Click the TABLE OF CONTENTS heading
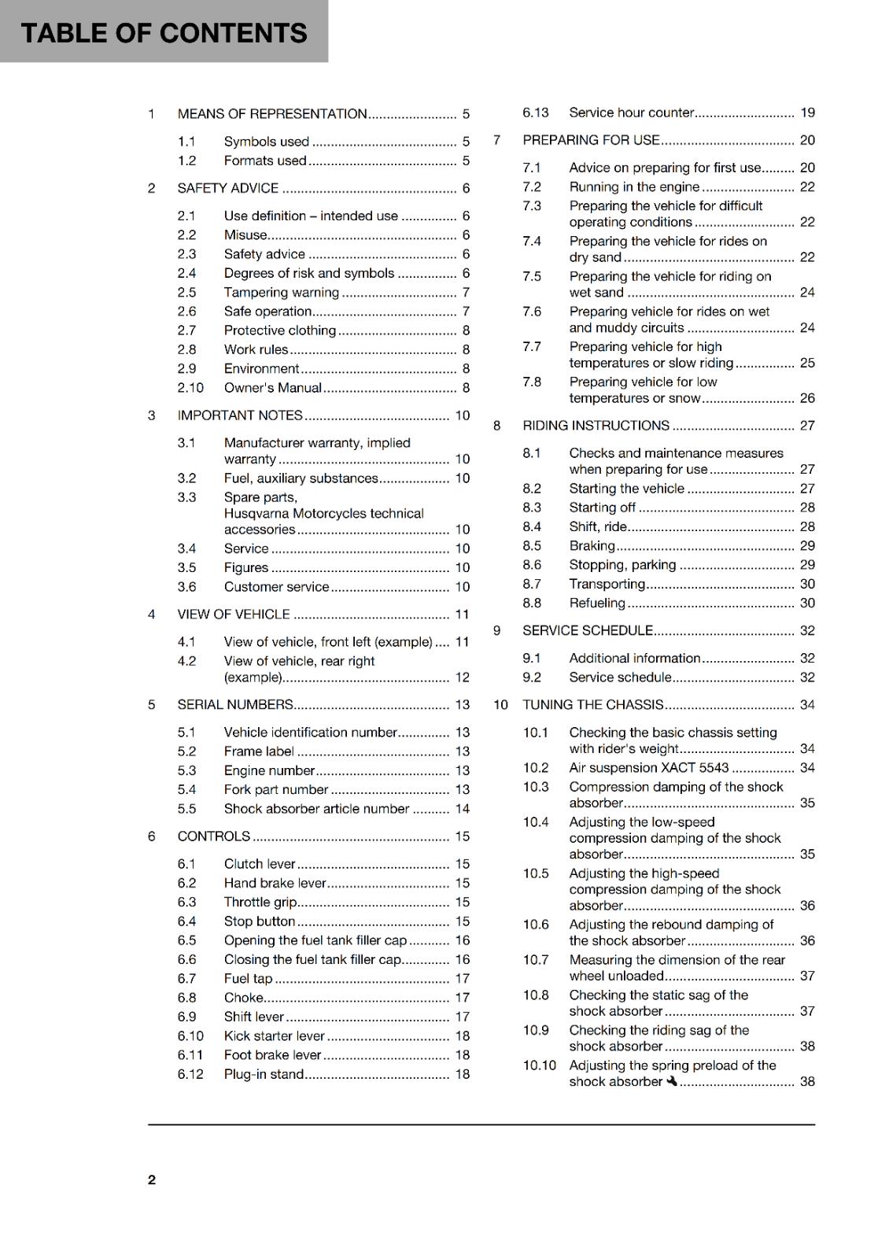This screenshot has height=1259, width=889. (164, 33)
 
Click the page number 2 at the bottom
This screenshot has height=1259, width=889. (152, 1180)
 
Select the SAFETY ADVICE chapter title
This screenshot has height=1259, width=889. (227, 188)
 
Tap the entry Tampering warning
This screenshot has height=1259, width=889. (281, 293)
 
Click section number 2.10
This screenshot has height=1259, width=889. (190, 388)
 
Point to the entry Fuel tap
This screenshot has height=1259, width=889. (248, 979)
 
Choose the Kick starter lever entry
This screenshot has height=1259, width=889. (274, 1036)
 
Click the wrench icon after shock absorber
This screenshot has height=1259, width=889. (671, 1081)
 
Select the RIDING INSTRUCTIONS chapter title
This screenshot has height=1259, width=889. (596, 426)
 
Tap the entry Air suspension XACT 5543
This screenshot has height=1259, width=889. (648, 768)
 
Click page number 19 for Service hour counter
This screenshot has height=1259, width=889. (807, 113)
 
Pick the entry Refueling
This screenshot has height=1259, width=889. (596, 604)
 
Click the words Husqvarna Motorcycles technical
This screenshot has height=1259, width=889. (323, 514)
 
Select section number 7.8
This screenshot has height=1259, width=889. (532, 382)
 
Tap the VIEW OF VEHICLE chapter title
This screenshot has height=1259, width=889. (233, 615)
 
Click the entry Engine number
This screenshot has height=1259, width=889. (269, 771)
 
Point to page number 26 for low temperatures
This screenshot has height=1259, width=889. (807, 398)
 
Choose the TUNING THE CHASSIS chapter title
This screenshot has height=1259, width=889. (592, 705)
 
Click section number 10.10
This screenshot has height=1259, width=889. (539, 1065)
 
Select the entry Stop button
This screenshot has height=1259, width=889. (259, 921)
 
